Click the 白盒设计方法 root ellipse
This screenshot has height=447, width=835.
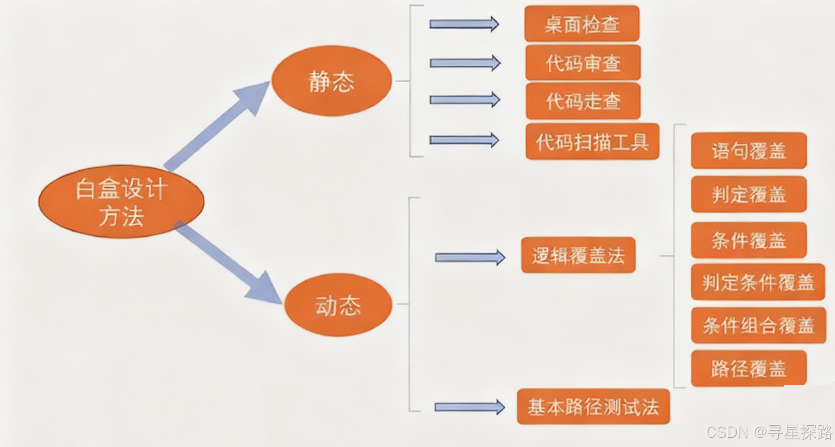(x=121, y=202)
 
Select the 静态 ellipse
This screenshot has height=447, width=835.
(x=331, y=81)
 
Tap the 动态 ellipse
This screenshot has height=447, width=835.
(x=338, y=305)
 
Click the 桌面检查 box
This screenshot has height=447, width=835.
(x=581, y=24)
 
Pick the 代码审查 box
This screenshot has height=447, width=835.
(x=583, y=63)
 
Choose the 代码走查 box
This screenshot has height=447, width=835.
(x=583, y=101)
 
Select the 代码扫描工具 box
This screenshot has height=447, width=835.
(x=592, y=141)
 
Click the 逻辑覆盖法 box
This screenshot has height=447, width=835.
(x=578, y=255)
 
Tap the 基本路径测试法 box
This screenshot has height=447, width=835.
(x=593, y=407)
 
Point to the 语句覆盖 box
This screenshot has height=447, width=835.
(x=748, y=151)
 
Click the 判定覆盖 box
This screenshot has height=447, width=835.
(x=748, y=194)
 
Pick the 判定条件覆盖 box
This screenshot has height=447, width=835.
(x=757, y=282)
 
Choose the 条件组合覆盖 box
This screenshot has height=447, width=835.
(x=758, y=325)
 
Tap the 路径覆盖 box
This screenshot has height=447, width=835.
(x=748, y=368)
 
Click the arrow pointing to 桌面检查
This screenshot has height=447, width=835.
(x=464, y=24)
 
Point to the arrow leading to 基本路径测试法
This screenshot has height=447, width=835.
(x=469, y=407)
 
